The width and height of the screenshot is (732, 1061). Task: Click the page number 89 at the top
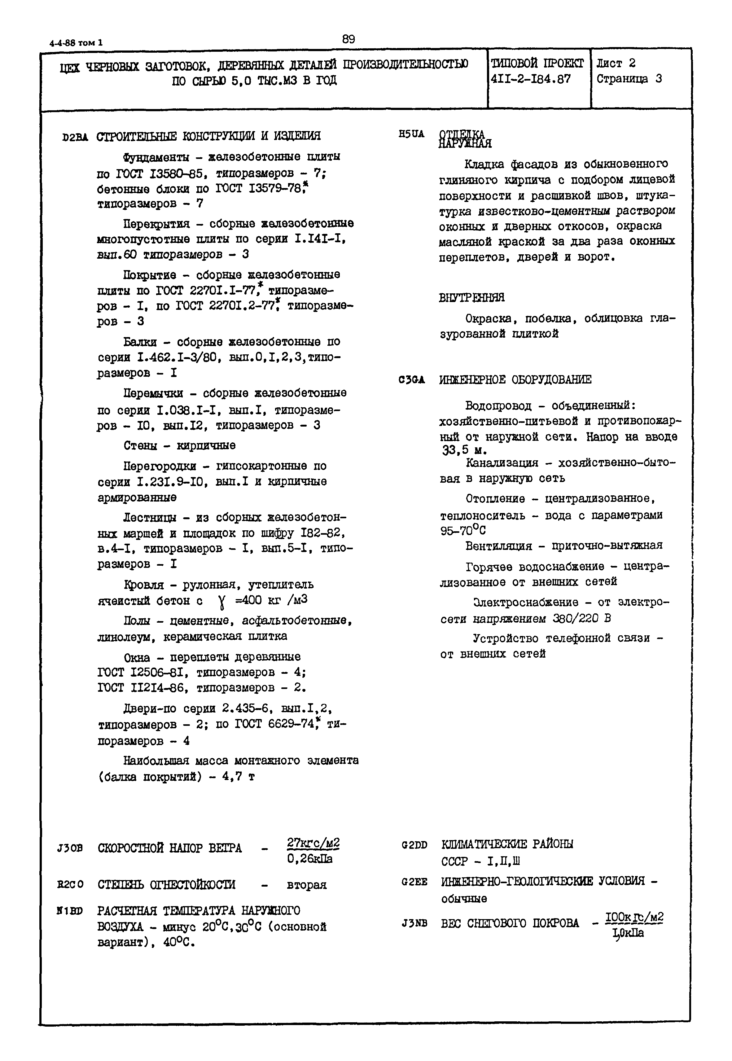[348, 39]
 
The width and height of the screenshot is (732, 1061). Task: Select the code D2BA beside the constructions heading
[75, 137]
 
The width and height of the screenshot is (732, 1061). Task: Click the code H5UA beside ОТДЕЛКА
[411, 134]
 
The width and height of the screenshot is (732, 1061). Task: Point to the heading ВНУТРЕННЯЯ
[471, 298]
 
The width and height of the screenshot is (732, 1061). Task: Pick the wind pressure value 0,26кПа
[309, 858]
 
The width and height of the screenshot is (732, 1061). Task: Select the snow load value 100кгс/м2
[634, 917]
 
